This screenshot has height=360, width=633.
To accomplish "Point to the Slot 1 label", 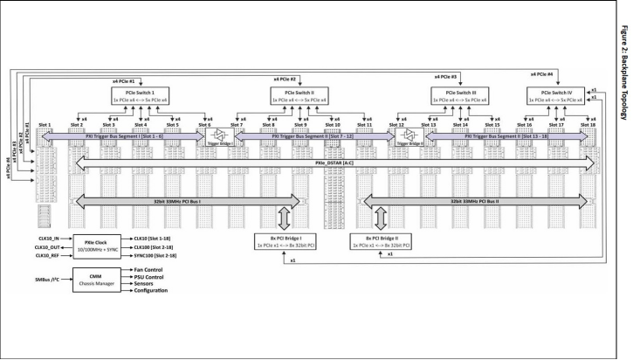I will pos(45,125).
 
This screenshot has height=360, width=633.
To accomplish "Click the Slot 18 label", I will pos(587,125).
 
